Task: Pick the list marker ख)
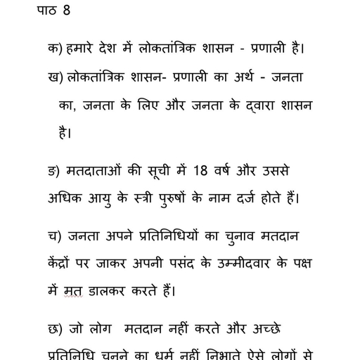pos(55,77)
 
